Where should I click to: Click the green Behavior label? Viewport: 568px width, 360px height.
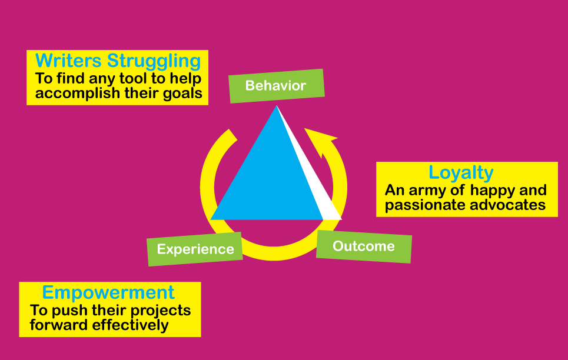pos(277,86)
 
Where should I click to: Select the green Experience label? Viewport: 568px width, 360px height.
pos(195,249)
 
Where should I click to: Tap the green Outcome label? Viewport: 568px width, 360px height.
pos(364,246)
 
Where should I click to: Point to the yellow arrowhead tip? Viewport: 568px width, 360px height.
pos(304,128)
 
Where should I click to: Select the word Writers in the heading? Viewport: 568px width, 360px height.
pos(68,61)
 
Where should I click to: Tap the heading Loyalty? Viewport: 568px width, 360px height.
pos(461,173)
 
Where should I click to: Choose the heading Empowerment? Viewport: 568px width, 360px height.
pos(108,292)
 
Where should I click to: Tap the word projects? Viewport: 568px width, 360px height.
pos(161,311)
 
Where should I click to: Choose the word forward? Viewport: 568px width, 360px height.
pos(59,325)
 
